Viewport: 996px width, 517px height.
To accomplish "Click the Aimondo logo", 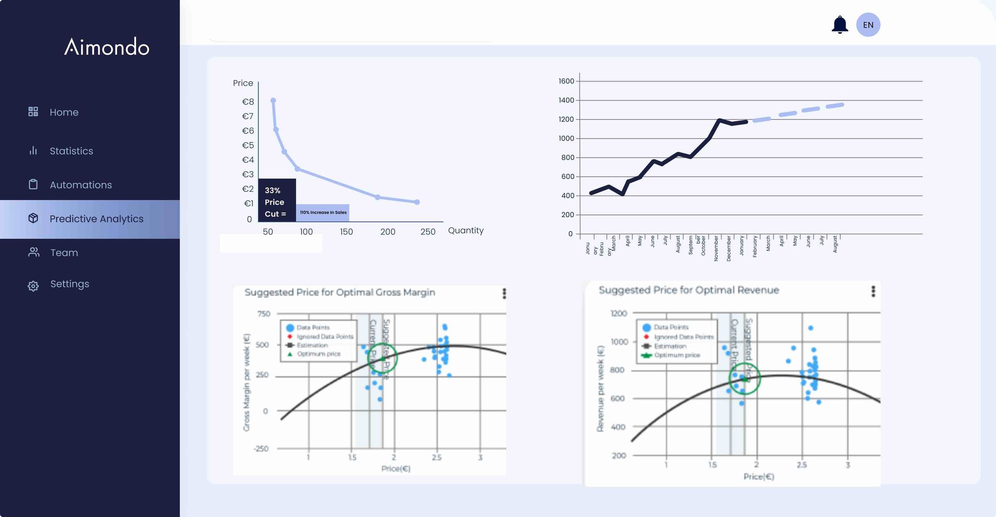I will [107, 47].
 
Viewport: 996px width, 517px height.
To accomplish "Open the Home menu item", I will [64, 112].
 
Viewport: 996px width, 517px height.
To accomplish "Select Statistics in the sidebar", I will [71, 151].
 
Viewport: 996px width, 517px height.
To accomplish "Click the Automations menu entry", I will [80, 185].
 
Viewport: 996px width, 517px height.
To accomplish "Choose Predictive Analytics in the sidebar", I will [96, 219].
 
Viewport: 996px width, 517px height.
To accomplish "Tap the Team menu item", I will [64, 253].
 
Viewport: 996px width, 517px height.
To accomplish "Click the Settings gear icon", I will [33, 285].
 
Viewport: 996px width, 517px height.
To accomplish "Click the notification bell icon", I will [840, 24].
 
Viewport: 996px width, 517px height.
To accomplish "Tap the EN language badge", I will [868, 25].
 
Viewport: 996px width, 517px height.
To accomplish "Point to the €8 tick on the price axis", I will [248, 102].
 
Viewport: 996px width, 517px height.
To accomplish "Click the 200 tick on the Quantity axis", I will [387, 232].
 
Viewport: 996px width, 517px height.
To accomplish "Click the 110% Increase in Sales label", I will [323, 213].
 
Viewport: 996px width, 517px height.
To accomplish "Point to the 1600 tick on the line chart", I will [566, 81].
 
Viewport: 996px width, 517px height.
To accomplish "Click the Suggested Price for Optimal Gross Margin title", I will [340, 292].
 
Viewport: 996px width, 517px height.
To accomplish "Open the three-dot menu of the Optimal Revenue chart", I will [873, 291].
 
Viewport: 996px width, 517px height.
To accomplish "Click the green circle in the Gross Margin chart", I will [382, 358].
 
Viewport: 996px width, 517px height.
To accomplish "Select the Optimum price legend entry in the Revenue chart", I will [676, 355].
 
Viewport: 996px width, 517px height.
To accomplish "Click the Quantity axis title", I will [466, 230].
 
